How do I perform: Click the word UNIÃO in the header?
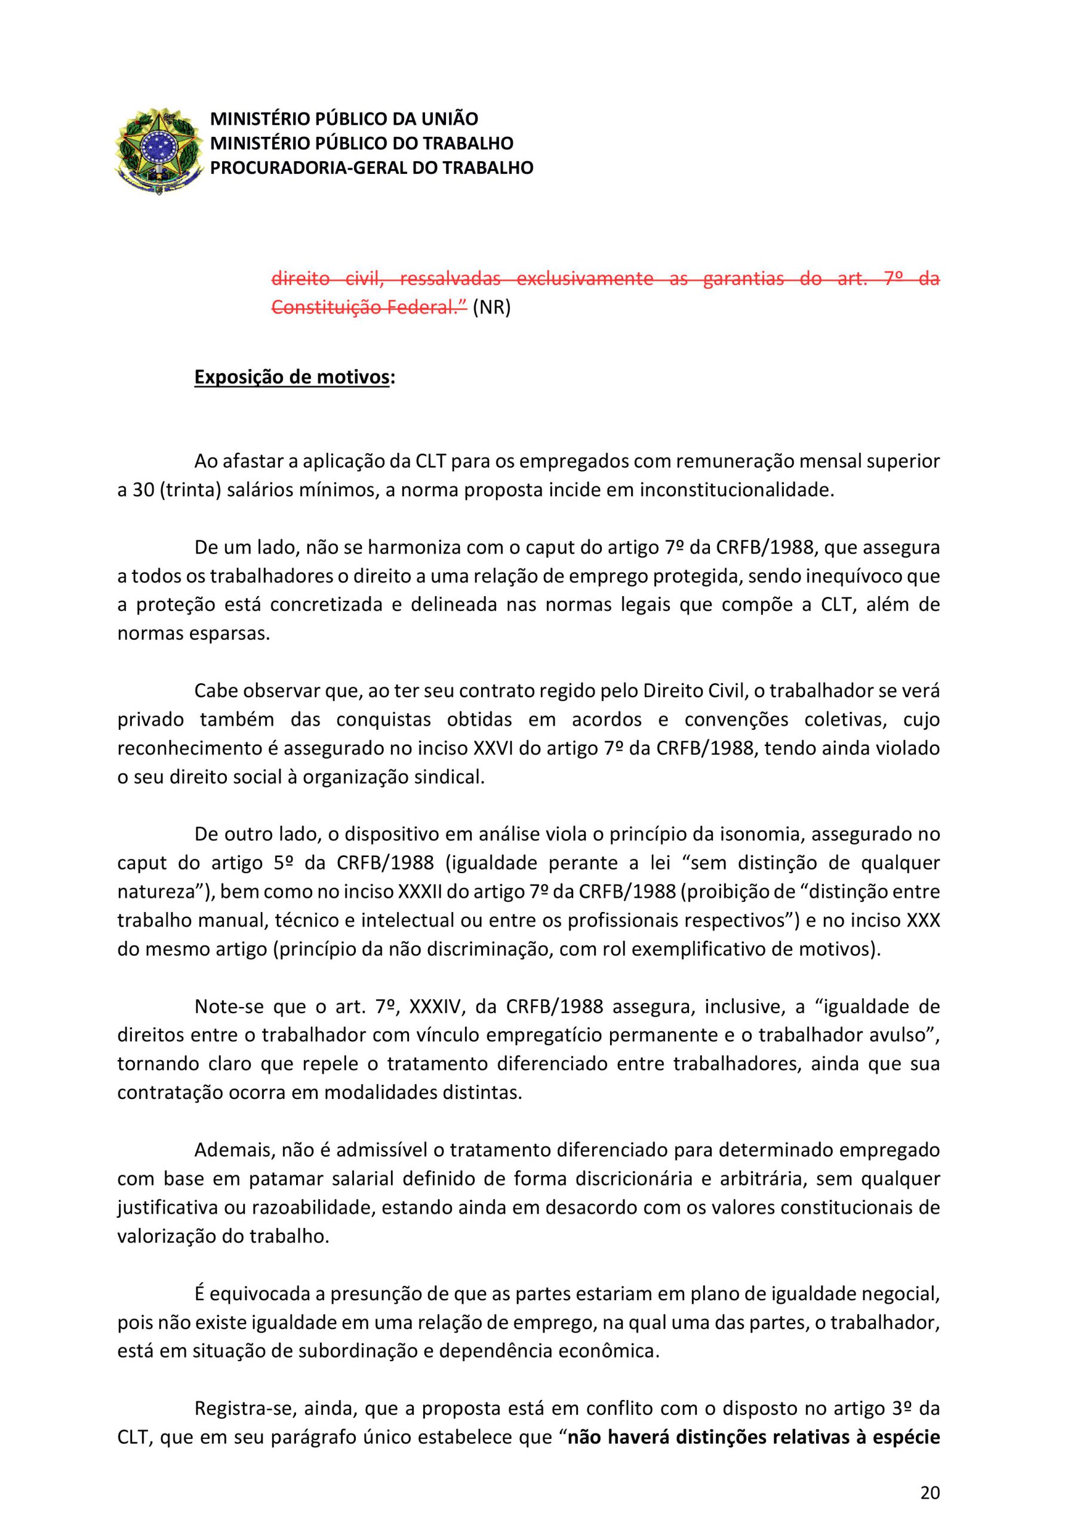[x=452, y=119]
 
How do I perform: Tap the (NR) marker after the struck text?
[x=491, y=308]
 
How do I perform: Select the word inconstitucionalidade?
[x=737, y=490]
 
